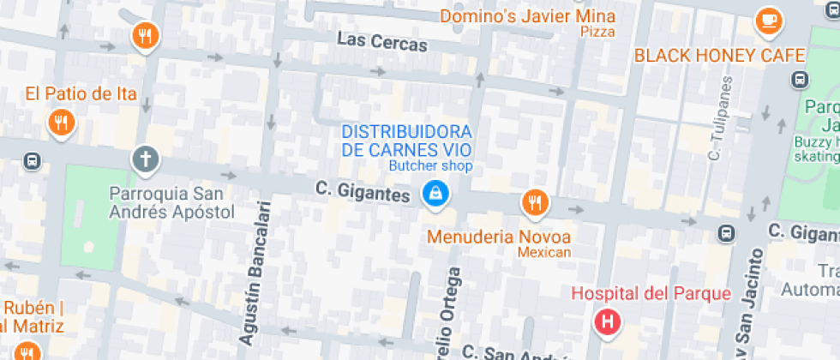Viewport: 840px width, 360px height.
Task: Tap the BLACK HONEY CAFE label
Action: [719, 56]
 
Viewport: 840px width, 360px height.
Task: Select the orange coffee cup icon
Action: [768, 21]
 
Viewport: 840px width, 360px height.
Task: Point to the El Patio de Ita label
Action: [81, 93]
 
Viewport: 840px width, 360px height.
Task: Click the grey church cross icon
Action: [146, 159]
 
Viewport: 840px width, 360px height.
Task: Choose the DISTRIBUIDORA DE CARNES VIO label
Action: [407, 141]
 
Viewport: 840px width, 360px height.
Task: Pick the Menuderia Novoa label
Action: [500, 236]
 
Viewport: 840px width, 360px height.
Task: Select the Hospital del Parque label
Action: [651, 294]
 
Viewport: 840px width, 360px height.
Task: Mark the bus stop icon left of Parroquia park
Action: [32, 160]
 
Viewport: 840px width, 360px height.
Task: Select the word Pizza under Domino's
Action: [597, 32]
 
